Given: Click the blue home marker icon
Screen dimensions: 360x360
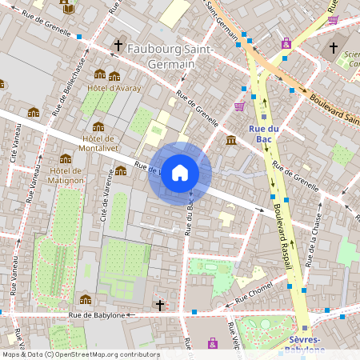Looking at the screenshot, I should pos(180,173).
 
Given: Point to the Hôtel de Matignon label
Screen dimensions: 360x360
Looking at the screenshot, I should pos(66,175).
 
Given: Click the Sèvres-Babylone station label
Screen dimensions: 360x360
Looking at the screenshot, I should pos(307,344).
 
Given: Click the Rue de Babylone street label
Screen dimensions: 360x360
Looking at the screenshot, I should pos(97,315).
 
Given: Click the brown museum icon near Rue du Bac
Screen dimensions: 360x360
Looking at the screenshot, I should pos(231,141).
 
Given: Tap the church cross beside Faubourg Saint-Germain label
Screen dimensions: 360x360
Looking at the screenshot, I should pos(119,46).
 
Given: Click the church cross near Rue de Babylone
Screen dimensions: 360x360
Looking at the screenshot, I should pos(160,305).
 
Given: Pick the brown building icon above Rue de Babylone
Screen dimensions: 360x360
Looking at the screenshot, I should pos(86,300).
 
